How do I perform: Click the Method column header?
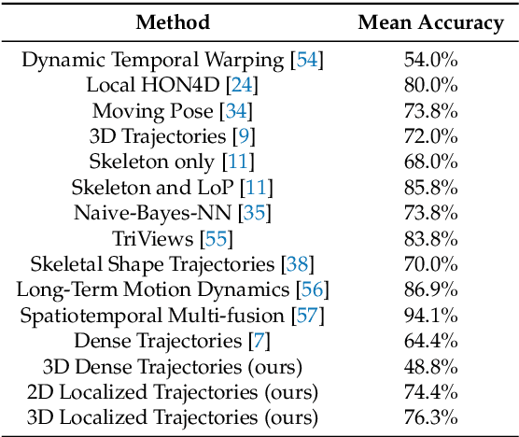click(x=172, y=22)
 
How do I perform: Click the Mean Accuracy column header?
click(x=430, y=22)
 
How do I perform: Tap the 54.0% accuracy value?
click(x=430, y=61)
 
